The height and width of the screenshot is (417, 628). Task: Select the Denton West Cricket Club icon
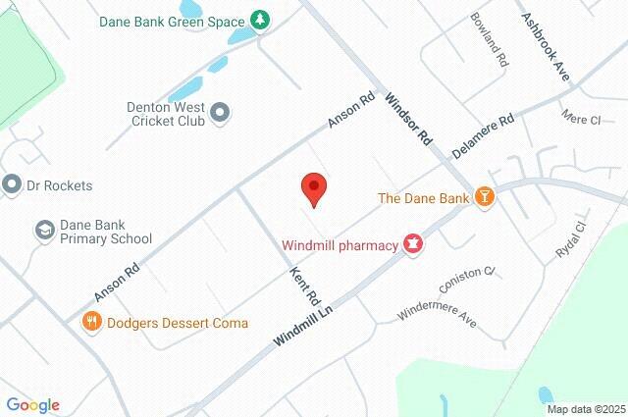[221, 114]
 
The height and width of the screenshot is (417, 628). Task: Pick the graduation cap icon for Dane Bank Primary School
[44, 231]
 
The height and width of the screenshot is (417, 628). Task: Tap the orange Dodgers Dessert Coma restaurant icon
[91, 322]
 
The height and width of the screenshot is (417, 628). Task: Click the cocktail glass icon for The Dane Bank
[483, 197]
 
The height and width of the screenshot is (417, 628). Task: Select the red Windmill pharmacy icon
[413, 244]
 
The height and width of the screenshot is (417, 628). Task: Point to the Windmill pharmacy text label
[340, 244]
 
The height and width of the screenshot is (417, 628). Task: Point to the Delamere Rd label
[483, 137]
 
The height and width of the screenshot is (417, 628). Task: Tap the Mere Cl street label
[580, 119]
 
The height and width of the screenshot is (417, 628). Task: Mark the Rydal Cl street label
[570, 240]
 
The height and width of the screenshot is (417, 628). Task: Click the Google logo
[32, 405]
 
